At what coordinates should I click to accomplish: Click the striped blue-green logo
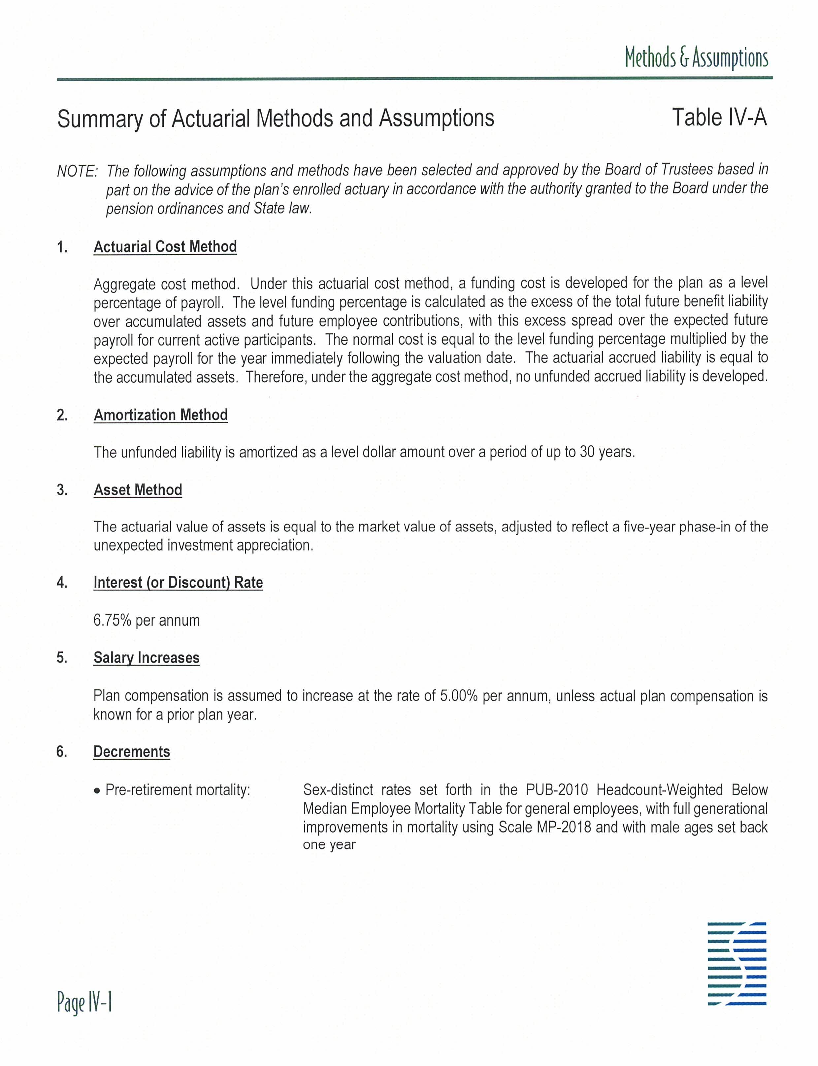click(x=737, y=963)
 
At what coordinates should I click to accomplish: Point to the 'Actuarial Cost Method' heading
click(x=165, y=247)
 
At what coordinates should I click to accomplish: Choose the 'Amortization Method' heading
click(x=161, y=415)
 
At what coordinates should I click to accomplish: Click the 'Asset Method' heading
click(x=138, y=490)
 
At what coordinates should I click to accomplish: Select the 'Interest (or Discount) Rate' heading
click(x=178, y=582)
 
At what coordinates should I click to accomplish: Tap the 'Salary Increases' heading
click(x=146, y=658)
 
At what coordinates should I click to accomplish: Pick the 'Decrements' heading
click(x=131, y=752)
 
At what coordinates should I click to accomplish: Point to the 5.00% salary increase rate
click(x=458, y=696)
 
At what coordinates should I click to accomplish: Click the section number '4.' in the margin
click(x=62, y=582)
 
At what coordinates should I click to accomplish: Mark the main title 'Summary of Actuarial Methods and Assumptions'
click(x=276, y=119)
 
